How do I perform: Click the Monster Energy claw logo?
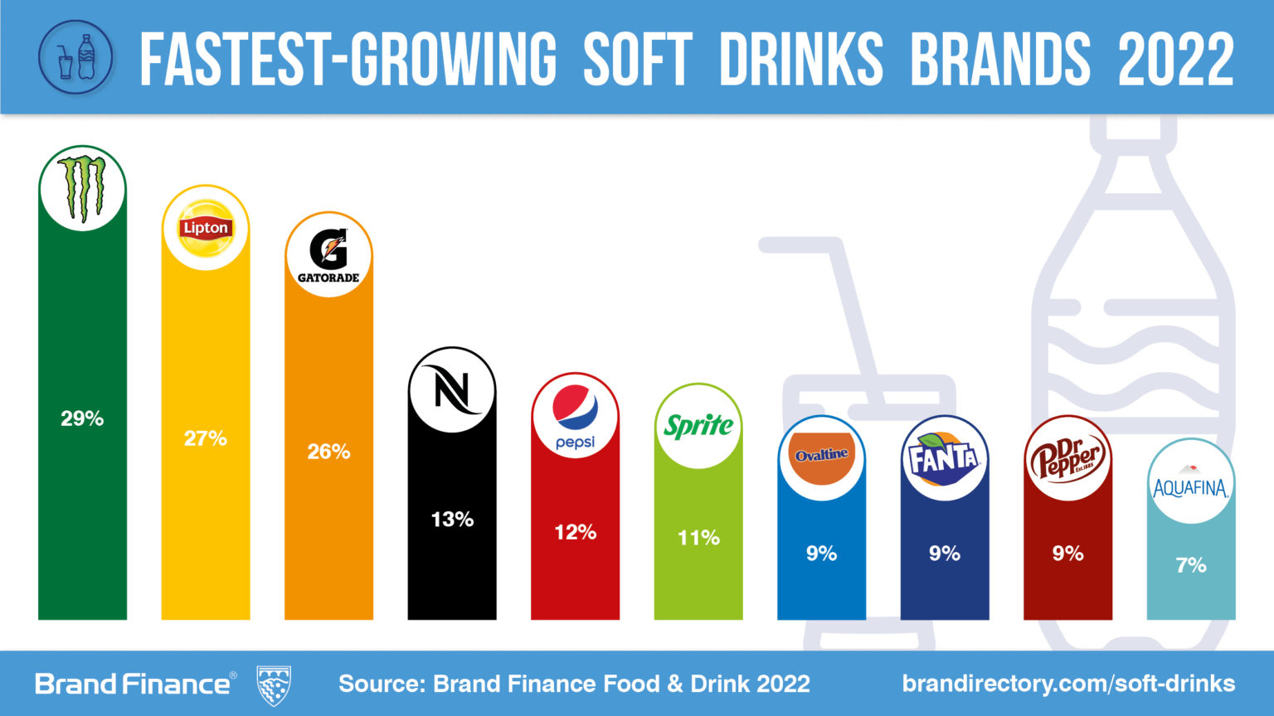pos(82,189)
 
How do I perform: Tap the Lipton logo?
pos(205,227)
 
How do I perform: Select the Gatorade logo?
pos(328,255)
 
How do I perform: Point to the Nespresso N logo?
pos(452,389)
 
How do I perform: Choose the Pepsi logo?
pos(575,416)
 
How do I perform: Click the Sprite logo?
pos(698,426)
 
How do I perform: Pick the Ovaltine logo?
pos(821,457)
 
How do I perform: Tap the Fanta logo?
pos(944,457)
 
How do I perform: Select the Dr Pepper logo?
pos(1067,458)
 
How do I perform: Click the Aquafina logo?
pos(1190,482)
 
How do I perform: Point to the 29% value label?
pos(82,418)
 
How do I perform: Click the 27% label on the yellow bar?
pos(205,438)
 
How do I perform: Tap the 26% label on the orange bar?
pos(328,452)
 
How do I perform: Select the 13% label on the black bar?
pos(452,520)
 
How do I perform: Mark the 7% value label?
pos(1190,565)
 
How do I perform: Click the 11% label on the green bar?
pos(698,538)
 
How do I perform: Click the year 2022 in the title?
pos(1175,60)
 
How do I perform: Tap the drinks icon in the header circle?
pos(76,58)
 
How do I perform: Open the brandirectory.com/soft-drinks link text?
pos(1068,684)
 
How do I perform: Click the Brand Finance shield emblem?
pos(273,685)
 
